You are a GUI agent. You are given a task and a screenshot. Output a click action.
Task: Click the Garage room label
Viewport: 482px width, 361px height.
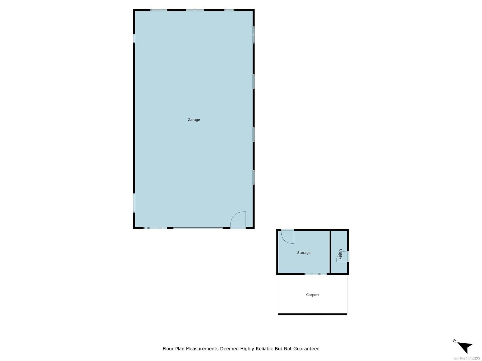coord(194,120)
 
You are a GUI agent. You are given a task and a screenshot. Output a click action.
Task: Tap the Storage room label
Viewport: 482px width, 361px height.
coord(304,253)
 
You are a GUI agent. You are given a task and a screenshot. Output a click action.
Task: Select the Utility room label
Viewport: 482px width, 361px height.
coord(340,254)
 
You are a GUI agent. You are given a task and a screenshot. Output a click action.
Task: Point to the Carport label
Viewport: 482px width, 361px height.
coord(312,295)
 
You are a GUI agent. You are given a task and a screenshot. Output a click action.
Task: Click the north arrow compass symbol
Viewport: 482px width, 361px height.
coord(464,347)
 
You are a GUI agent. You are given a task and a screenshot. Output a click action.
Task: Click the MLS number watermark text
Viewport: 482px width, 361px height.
coord(467,359)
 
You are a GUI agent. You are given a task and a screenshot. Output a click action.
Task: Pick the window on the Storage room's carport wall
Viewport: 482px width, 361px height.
coord(315,274)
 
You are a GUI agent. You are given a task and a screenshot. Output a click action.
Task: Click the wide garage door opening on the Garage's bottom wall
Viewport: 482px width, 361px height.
coord(198,228)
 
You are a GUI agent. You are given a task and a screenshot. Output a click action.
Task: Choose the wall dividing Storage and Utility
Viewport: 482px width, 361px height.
coord(330,252)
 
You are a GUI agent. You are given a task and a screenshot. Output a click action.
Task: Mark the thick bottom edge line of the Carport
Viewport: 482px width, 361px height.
coord(312,314)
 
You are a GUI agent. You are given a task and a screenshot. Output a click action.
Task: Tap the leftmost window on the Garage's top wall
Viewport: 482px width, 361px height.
coord(158,10)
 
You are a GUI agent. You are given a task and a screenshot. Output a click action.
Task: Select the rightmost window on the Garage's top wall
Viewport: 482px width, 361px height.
coord(229,10)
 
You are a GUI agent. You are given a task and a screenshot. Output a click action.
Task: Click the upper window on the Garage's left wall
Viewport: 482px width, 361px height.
coord(134,39)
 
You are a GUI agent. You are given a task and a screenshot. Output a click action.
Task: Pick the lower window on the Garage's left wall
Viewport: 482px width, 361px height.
coord(134,203)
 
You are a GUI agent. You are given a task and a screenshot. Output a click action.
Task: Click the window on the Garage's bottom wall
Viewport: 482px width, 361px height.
coord(155,228)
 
